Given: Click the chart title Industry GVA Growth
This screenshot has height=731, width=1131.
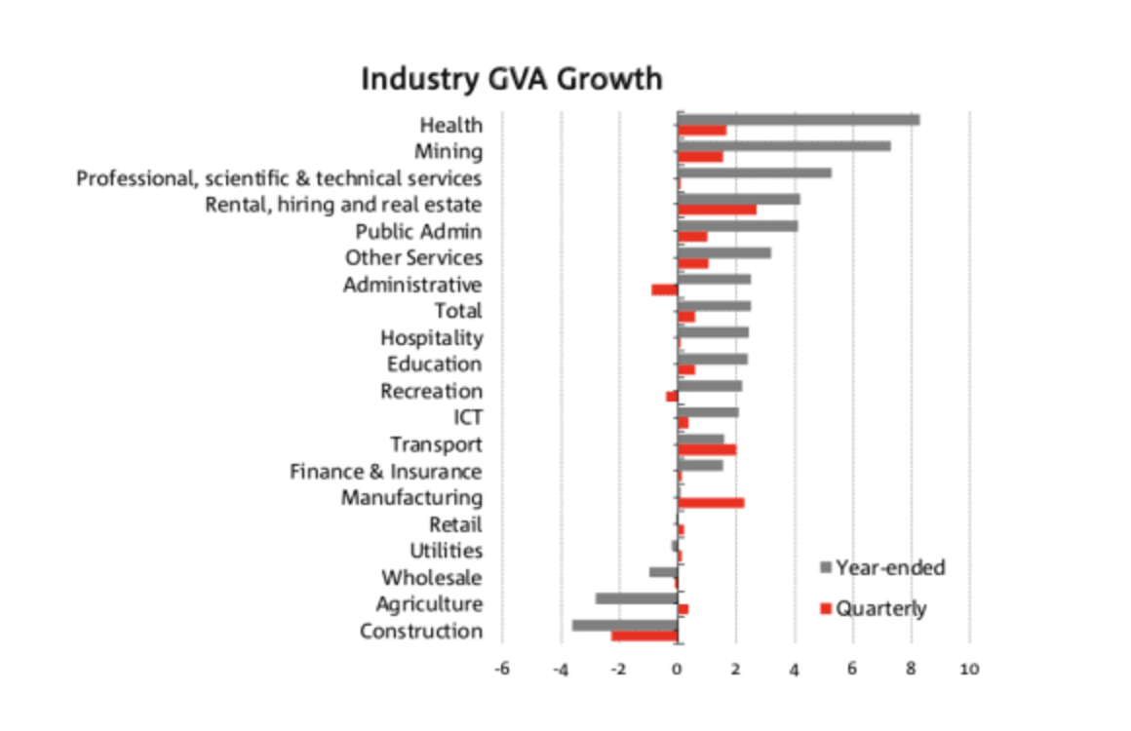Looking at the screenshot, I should pyautogui.click(x=511, y=79).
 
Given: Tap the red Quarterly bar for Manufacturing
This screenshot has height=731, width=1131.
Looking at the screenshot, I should pyautogui.click(x=711, y=503).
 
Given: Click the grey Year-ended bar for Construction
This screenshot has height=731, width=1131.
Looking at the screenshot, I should pyautogui.click(x=625, y=626).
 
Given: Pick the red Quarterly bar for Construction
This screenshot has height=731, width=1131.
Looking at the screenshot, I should pyautogui.click(x=644, y=636).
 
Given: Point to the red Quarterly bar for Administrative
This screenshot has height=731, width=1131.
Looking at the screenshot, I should pyautogui.click(x=665, y=289).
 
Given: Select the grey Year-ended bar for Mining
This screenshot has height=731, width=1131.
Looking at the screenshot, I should pyautogui.click(x=784, y=146).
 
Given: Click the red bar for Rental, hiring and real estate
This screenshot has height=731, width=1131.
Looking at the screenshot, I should pyautogui.click(x=717, y=210).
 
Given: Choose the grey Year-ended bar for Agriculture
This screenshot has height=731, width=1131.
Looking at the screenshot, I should pyautogui.click(x=637, y=598).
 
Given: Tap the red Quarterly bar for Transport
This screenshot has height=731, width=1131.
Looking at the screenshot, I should pyautogui.click(x=707, y=449).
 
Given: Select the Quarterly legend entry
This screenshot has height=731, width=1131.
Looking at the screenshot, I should pyautogui.click(x=880, y=609).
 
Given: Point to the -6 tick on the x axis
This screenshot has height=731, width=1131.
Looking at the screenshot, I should pyautogui.click(x=502, y=670).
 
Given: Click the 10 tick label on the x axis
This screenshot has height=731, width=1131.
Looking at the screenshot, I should pyautogui.click(x=969, y=670).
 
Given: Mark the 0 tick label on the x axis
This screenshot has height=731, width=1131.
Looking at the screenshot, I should pyautogui.click(x=677, y=670).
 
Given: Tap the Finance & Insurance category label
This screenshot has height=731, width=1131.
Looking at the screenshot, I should pyautogui.click(x=385, y=472).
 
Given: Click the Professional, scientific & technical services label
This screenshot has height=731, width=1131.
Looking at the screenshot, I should pyautogui.click(x=279, y=178).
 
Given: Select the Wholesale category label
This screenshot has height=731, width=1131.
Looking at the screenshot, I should pyautogui.click(x=431, y=578).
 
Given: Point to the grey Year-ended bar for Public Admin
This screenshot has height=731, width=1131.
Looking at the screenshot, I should pyautogui.click(x=738, y=226).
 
